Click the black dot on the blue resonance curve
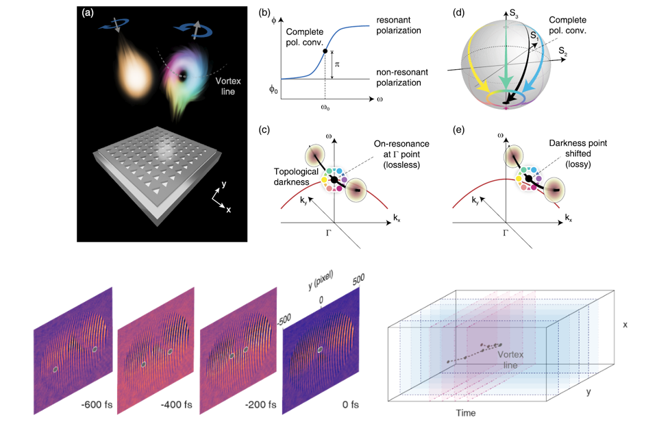pos(324,51)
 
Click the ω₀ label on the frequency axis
pos(323,108)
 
